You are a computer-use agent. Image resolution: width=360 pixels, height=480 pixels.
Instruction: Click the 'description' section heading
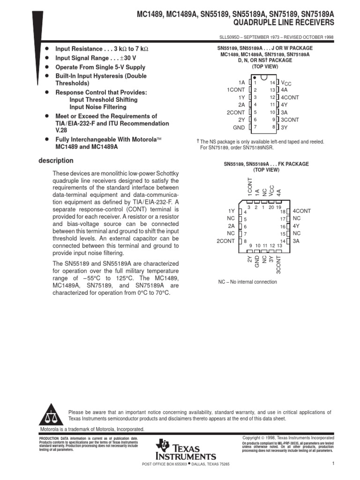point(56,161)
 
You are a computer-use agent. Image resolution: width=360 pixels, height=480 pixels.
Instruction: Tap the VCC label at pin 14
point(286,82)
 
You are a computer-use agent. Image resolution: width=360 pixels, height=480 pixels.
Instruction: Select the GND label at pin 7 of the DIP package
point(239,127)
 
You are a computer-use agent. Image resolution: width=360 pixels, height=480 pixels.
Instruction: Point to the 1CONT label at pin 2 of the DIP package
point(236,90)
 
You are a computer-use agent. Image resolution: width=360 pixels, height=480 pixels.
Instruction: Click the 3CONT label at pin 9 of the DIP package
point(290,120)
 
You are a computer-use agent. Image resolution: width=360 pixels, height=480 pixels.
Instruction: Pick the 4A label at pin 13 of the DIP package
point(284,90)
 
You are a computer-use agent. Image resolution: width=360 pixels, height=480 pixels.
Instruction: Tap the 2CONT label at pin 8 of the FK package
point(225,241)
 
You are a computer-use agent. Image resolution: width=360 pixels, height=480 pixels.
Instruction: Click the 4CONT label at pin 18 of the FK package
point(302,211)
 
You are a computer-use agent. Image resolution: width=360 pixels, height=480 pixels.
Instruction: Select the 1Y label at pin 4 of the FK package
point(231,211)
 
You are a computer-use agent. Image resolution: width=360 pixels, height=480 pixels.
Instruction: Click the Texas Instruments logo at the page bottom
point(187,450)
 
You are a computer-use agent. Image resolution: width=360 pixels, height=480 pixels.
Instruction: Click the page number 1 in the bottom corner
point(332,464)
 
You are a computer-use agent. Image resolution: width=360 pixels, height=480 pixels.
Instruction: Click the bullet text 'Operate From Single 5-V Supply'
point(100,67)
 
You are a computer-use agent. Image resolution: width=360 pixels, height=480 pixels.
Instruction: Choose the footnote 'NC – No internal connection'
point(247,282)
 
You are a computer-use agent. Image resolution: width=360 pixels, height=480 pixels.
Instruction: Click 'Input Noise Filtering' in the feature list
point(97,107)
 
